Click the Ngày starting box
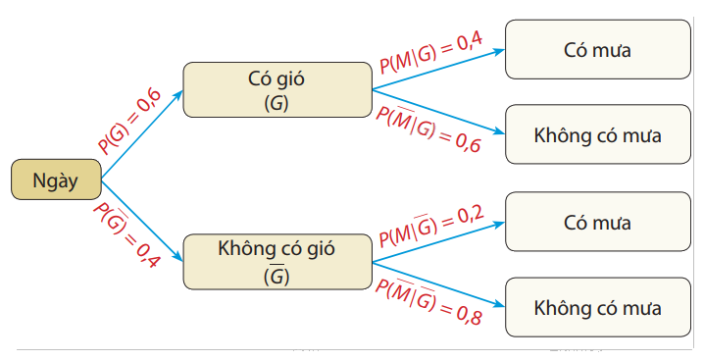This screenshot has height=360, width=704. (x=56, y=180)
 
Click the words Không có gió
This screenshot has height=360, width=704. (x=276, y=248)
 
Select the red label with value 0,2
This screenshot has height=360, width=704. (x=432, y=227)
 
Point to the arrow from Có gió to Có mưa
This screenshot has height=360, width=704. (x=436, y=68)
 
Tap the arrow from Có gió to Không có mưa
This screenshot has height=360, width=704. (x=436, y=111)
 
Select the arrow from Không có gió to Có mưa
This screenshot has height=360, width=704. (x=436, y=243)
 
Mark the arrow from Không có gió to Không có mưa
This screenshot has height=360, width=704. (x=436, y=284)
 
